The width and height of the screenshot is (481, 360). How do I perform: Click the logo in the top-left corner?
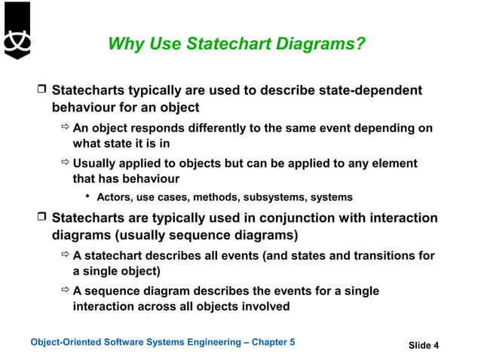point(16,30)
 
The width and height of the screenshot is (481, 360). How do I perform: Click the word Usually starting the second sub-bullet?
point(96,163)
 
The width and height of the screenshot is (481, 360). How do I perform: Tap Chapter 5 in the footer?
point(272,343)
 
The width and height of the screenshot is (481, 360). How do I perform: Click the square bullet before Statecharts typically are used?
point(42,91)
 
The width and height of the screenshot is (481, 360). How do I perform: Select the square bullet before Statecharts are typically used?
point(42,219)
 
